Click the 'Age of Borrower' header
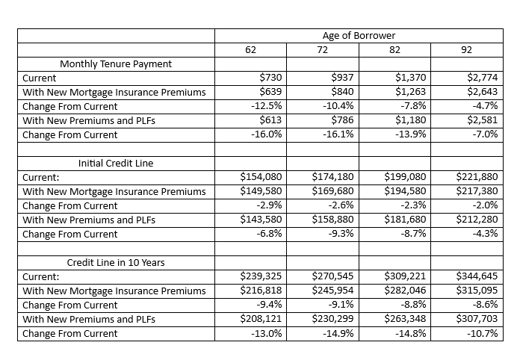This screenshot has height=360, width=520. (x=359, y=35)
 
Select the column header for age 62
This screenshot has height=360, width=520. (x=251, y=50)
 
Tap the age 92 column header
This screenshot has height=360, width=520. (x=466, y=50)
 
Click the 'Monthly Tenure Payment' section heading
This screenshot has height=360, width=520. (x=116, y=64)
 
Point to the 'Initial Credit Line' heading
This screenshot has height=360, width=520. (x=116, y=163)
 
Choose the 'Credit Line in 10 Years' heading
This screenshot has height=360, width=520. (x=116, y=263)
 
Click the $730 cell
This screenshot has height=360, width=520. (x=270, y=78)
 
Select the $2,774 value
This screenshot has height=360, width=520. (x=483, y=78)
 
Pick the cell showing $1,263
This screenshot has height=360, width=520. (x=411, y=92)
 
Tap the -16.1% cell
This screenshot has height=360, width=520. (x=338, y=134)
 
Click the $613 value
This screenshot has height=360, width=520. (x=270, y=120)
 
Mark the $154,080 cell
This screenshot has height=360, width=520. (x=261, y=177)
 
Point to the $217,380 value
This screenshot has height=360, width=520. (x=477, y=191)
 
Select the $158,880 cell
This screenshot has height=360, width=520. (x=332, y=220)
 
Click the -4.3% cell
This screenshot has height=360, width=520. (x=485, y=234)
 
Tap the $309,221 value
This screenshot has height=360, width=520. (x=405, y=276)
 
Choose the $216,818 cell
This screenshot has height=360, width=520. (x=261, y=291)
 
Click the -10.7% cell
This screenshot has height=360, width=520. (x=483, y=333)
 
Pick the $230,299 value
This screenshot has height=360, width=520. (x=332, y=319)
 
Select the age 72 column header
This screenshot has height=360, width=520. (x=322, y=50)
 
